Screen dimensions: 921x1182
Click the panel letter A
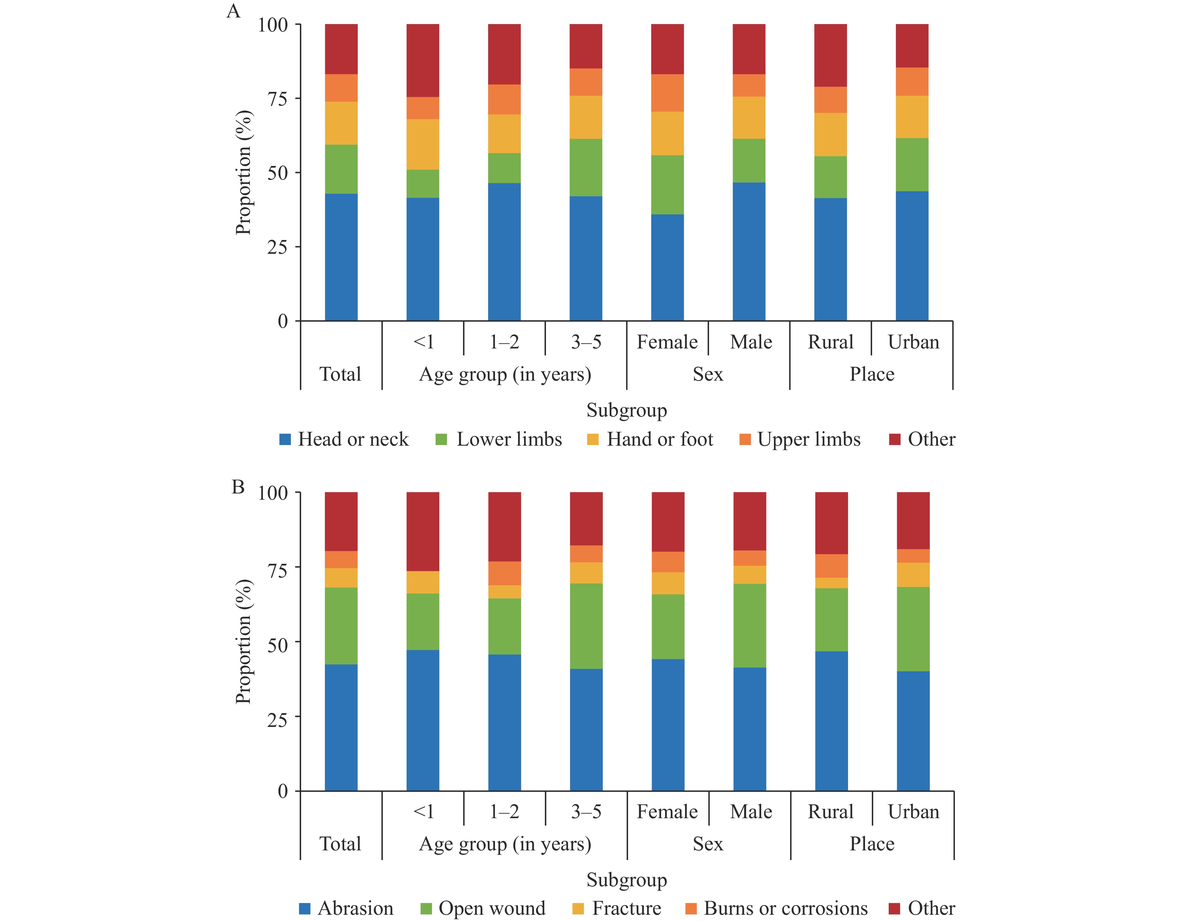click(x=233, y=11)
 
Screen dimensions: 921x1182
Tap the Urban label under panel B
click(x=914, y=812)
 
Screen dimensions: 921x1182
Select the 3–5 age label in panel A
click(x=586, y=342)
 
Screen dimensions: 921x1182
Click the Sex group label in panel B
click(x=708, y=844)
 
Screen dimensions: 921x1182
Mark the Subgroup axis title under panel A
click(x=627, y=410)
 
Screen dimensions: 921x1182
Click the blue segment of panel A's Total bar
click(x=341, y=257)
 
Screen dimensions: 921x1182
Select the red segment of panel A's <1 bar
click(x=423, y=61)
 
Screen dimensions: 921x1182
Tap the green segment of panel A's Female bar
click(x=667, y=185)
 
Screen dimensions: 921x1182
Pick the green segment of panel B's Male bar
click(x=750, y=626)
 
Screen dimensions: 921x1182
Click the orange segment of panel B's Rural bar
click(x=831, y=566)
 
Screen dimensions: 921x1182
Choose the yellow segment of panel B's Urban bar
click(x=913, y=575)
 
